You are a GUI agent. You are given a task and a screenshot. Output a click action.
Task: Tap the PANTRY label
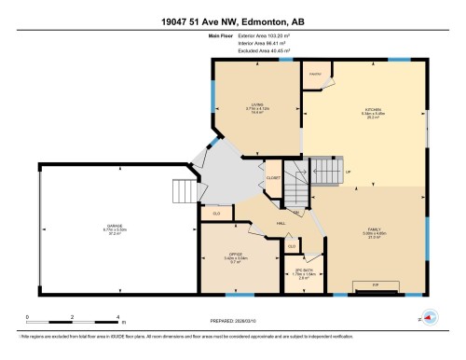click(x=316, y=72)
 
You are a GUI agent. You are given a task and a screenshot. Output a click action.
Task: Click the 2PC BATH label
click(x=303, y=270)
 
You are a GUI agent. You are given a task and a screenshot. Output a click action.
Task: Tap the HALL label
click(x=280, y=223)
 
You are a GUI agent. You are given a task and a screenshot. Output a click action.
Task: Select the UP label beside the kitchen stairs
click(x=349, y=173)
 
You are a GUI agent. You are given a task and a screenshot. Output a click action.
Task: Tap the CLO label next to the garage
click(x=216, y=214)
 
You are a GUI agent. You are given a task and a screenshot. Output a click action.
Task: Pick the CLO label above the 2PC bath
click(x=291, y=246)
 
